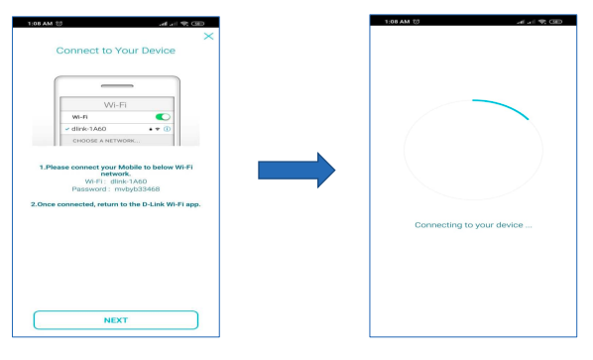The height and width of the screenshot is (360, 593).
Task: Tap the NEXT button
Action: pyautogui.click(x=116, y=320)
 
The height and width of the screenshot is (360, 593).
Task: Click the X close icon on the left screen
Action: pyautogui.click(x=208, y=37)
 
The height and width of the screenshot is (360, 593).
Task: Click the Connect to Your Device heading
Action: pyautogui.click(x=116, y=51)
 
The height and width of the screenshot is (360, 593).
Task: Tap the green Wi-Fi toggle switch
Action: pyautogui.click(x=163, y=117)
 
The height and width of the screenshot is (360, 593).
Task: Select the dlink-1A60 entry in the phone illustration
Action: pyautogui.click(x=89, y=129)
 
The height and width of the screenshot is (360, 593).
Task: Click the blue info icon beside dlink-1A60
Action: pyautogui.click(x=168, y=129)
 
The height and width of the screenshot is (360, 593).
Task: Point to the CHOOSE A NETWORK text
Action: pyautogui.click(x=106, y=141)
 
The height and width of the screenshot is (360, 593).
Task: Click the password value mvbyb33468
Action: pyautogui.click(x=137, y=189)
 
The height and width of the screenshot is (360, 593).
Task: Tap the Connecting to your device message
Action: pyautogui.click(x=473, y=225)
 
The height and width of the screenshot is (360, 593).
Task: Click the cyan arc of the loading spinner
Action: pyautogui.click(x=503, y=106)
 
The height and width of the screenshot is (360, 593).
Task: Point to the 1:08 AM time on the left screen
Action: pyautogui.click(x=40, y=24)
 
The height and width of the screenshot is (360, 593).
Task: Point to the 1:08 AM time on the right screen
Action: pyautogui.click(x=397, y=22)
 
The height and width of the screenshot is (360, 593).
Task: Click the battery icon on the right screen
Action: pyautogui.click(x=555, y=22)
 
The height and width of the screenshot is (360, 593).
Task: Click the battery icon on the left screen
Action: pyautogui.click(x=197, y=24)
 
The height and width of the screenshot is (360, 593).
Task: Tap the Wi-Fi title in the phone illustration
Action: pyautogui.click(x=115, y=105)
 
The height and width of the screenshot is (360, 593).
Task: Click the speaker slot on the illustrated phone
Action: pyautogui.click(x=117, y=86)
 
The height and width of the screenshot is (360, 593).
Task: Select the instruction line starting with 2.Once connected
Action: pyautogui.click(x=116, y=204)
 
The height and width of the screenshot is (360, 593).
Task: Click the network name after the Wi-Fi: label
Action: pyautogui.click(x=129, y=181)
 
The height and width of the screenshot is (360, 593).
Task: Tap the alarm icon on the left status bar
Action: pyautogui.click(x=59, y=24)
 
